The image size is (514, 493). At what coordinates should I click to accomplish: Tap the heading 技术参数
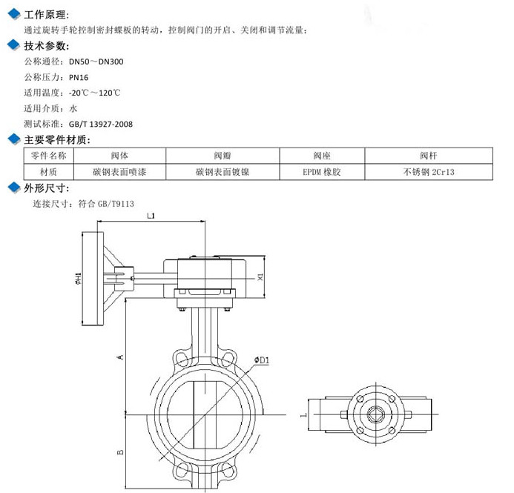point(46,46)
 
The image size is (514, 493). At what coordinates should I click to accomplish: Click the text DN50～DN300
point(96,62)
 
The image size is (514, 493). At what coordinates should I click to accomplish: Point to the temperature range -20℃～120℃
point(95,93)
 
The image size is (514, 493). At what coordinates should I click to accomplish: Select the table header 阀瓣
point(223,156)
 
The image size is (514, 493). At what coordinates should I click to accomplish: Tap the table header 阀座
point(321,156)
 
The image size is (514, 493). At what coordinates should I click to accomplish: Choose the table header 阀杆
point(428,156)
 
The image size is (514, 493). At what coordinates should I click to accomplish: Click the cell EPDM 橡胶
point(321,171)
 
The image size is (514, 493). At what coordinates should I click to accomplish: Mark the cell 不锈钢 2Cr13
point(428,171)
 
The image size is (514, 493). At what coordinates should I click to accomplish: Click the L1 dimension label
point(151,216)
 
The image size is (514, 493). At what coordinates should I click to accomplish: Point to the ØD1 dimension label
point(261,360)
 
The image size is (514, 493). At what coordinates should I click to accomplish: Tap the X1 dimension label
point(260,277)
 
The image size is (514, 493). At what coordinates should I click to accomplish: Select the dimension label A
point(120,357)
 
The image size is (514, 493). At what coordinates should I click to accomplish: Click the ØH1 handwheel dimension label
point(77,278)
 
